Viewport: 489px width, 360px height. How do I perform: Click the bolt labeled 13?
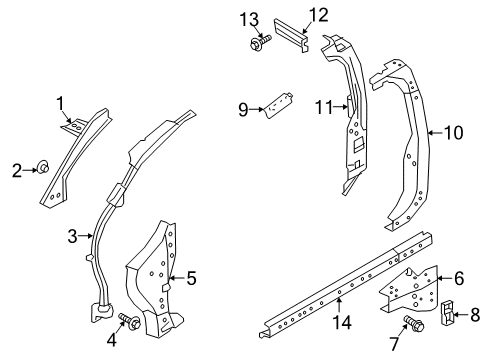click(x=252, y=42)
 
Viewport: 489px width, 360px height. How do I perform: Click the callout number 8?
click(x=475, y=318)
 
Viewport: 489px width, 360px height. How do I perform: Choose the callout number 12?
click(x=317, y=14)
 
